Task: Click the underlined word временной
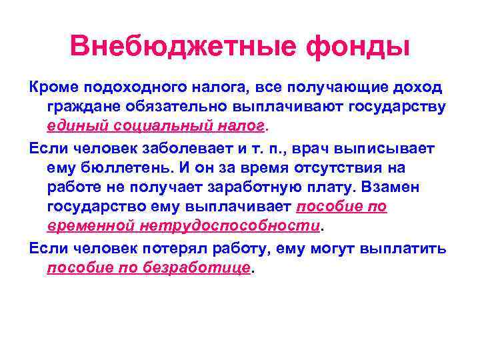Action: pos(91,225)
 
